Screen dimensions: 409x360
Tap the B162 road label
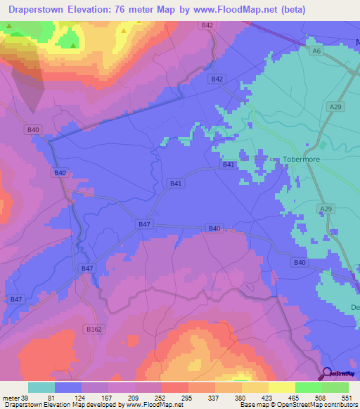[91, 328]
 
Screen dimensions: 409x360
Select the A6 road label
[317, 51]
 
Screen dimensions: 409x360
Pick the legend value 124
[89, 397]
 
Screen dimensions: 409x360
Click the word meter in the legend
[9, 397]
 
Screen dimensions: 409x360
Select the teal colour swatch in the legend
[41, 387]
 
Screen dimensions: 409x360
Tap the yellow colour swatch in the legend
[281, 387]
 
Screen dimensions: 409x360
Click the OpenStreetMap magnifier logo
[327, 374]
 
